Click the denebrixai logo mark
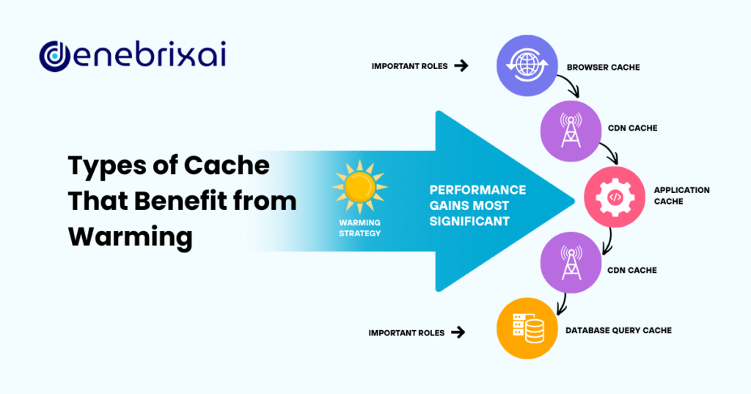(54, 56)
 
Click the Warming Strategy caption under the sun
(360, 228)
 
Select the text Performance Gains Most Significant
(477, 205)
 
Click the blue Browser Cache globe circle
(524, 65)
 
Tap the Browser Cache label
(603, 67)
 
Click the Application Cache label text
(681, 196)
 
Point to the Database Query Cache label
(618, 330)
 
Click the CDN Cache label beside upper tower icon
(631, 128)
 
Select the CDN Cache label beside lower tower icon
(631, 270)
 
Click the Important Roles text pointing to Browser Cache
(408, 66)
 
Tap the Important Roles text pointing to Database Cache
(406, 332)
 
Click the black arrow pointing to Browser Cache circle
(461, 66)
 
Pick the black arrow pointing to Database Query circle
(458, 332)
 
